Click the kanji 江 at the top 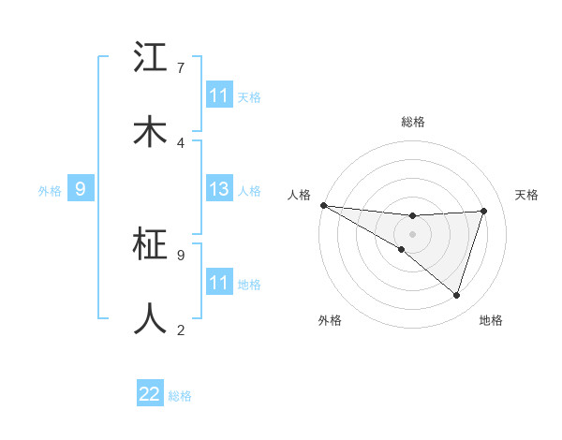(x=150, y=58)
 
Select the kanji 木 (x=150, y=132)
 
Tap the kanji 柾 (x=150, y=245)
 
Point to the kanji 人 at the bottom (x=150, y=318)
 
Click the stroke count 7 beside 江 (x=180, y=67)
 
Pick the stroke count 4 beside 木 (x=180, y=142)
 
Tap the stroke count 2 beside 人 (x=180, y=330)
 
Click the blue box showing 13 (x=219, y=190)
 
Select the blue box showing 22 (x=150, y=395)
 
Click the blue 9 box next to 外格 (x=81, y=190)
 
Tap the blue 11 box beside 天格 (x=219, y=95)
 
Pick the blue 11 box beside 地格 (x=219, y=283)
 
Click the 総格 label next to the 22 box (x=180, y=396)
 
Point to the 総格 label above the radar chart (x=412, y=122)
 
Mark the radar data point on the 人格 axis (x=323, y=205)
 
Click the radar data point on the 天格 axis (x=483, y=211)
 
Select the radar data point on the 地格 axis (x=456, y=296)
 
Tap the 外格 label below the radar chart (x=330, y=321)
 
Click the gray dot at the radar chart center (x=412, y=233)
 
